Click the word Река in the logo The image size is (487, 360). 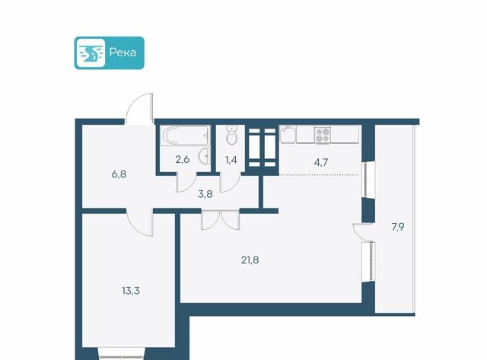[x=123, y=53]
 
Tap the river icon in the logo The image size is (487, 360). [x=91, y=53]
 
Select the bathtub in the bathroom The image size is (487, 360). [x=185, y=135]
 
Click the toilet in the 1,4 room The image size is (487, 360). [x=231, y=135]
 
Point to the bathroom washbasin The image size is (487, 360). [x=205, y=156]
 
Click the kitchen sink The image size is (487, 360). [x=288, y=134]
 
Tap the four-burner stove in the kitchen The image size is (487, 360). [x=322, y=135]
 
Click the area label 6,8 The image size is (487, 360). [x=119, y=174]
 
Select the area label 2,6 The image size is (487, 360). [x=183, y=160]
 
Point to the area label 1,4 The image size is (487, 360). [x=231, y=160]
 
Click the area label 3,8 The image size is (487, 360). [x=205, y=194]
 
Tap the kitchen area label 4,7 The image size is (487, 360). [x=321, y=162]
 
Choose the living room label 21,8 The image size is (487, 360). [x=250, y=260]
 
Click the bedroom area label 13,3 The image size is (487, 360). [x=131, y=291]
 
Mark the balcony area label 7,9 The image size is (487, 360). [x=397, y=227]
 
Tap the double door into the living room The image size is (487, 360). [x=221, y=220]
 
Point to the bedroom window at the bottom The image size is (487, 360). [x=122, y=354]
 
